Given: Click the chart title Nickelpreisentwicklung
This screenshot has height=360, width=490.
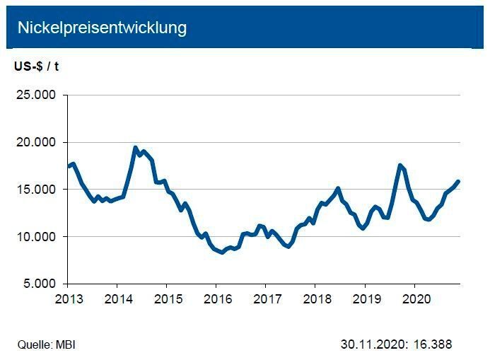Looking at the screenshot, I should (x=102, y=28).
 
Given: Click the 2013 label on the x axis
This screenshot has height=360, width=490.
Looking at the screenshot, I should (x=68, y=298).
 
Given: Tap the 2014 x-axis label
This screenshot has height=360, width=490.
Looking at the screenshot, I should (x=117, y=298).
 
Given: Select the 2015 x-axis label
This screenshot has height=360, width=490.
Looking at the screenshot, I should (x=166, y=298).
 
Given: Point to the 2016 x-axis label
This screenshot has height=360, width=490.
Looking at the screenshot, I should (x=216, y=298).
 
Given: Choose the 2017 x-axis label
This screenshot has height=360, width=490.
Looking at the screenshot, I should (x=265, y=298).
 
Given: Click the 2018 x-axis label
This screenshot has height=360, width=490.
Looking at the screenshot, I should (x=315, y=298).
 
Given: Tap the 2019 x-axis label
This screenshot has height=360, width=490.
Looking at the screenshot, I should (x=365, y=298).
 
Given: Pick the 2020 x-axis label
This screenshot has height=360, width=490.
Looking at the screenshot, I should (x=415, y=298).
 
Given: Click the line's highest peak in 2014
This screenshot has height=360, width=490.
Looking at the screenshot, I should (x=136, y=148).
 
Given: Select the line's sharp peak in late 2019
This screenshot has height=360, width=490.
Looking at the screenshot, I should (x=401, y=166).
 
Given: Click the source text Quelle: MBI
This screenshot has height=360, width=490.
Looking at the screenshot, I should (x=46, y=345).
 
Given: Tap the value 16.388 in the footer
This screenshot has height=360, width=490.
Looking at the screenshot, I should (x=433, y=345).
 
